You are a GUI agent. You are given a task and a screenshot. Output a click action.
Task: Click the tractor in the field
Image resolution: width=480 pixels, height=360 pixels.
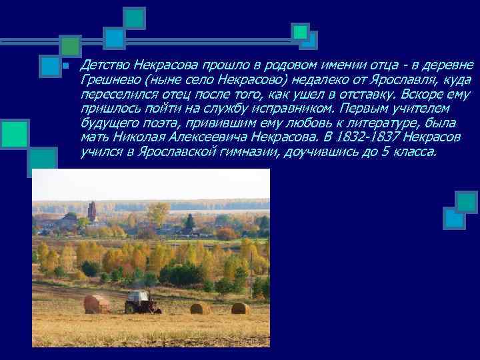coord(142,302)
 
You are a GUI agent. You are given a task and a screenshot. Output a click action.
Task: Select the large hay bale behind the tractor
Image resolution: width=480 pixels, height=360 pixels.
coord(97,304)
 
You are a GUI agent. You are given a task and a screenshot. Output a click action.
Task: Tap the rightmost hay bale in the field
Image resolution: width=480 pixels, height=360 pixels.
coord(240,308)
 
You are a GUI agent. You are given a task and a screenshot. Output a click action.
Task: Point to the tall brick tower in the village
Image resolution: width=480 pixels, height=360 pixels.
coord(91,211)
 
